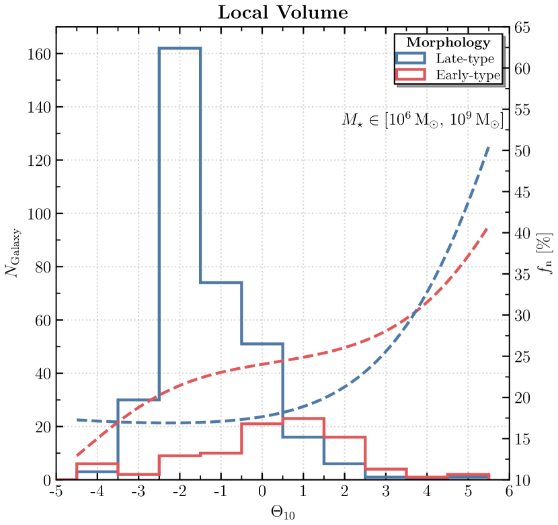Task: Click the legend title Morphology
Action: point(448,43)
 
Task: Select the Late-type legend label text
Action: point(465,59)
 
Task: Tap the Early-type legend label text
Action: point(467,75)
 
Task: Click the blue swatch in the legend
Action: point(411,59)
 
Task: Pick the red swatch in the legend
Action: point(411,75)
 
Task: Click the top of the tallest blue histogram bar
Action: point(180,48)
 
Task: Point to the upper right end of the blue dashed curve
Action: point(488,146)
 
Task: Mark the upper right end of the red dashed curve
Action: point(487,228)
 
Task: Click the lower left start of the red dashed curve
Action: point(77,456)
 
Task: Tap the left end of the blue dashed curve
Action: point(77,420)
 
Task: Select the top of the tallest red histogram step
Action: point(303,418)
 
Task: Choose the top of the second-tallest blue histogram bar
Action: point(221,283)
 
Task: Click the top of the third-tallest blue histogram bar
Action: point(262,344)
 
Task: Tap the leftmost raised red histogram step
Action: point(97,464)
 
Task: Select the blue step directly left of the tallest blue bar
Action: point(138,400)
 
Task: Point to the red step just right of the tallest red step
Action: point(345,437)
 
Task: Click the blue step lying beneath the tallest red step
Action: point(303,437)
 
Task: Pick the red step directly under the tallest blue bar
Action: point(180,456)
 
